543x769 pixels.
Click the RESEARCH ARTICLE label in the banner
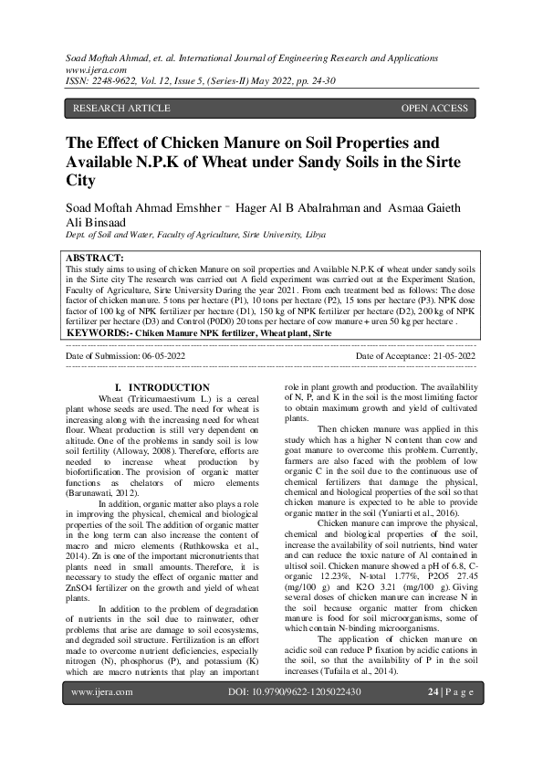(x=121, y=109)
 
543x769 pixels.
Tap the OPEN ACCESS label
(x=434, y=109)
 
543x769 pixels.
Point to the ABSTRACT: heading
(x=96, y=259)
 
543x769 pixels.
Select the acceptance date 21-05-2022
(x=444, y=355)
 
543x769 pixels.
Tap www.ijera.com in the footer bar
(x=102, y=718)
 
